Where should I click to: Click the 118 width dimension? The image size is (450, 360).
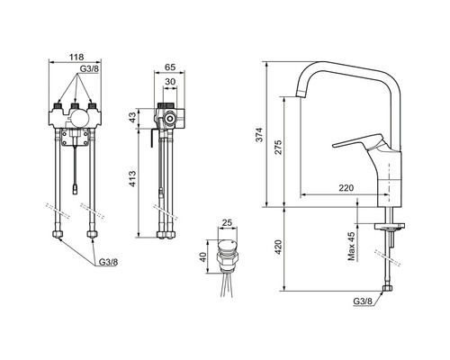point(76,57)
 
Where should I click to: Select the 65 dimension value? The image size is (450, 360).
point(170,67)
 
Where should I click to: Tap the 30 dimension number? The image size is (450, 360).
point(170,82)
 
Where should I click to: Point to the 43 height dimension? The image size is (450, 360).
point(132,119)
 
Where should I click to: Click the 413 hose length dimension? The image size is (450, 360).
point(132,179)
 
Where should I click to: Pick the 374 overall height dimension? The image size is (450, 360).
point(259,135)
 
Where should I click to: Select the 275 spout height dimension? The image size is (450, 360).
point(278,147)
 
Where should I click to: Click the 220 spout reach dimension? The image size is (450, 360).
point(346,188)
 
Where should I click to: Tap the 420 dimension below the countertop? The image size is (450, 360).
point(278,247)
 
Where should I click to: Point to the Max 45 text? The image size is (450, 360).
point(352,246)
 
